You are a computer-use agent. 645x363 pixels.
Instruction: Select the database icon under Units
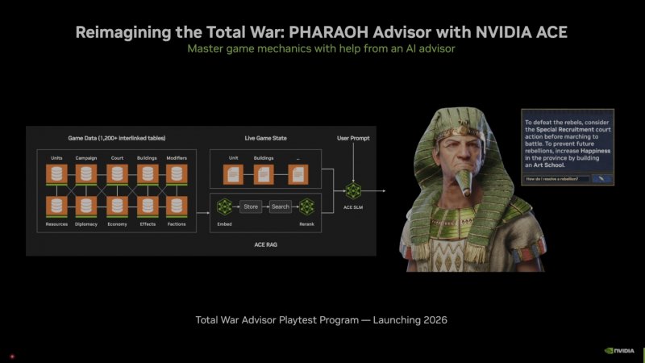pyautogui.click(x=56, y=173)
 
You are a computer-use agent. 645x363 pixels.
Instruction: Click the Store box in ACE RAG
pyautogui.click(x=251, y=207)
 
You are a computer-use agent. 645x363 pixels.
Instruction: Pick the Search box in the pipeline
pyautogui.click(x=280, y=207)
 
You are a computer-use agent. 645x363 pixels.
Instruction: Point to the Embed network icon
pyautogui.click(x=224, y=207)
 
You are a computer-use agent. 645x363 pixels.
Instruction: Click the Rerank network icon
pyautogui.click(x=307, y=207)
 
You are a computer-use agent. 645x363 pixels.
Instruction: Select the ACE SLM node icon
pyautogui.click(x=352, y=191)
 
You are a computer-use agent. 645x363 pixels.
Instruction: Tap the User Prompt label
pyautogui.click(x=352, y=139)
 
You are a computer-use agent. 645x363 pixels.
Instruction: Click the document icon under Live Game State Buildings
pyautogui.click(x=264, y=173)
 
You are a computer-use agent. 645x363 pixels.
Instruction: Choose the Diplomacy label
pyautogui.click(x=87, y=223)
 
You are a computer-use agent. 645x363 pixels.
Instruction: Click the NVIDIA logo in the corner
pyautogui.click(x=621, y=351)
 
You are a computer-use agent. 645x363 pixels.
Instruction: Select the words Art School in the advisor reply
pyautogui.click(x=558, y=165)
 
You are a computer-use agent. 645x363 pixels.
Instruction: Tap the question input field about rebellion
pyautogui.click(x=554, y=178)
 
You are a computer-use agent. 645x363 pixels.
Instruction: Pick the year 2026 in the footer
pyautogui.click(x=432, y=320)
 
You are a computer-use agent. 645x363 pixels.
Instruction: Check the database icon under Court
pyautogui.click(x=117, y=173)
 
